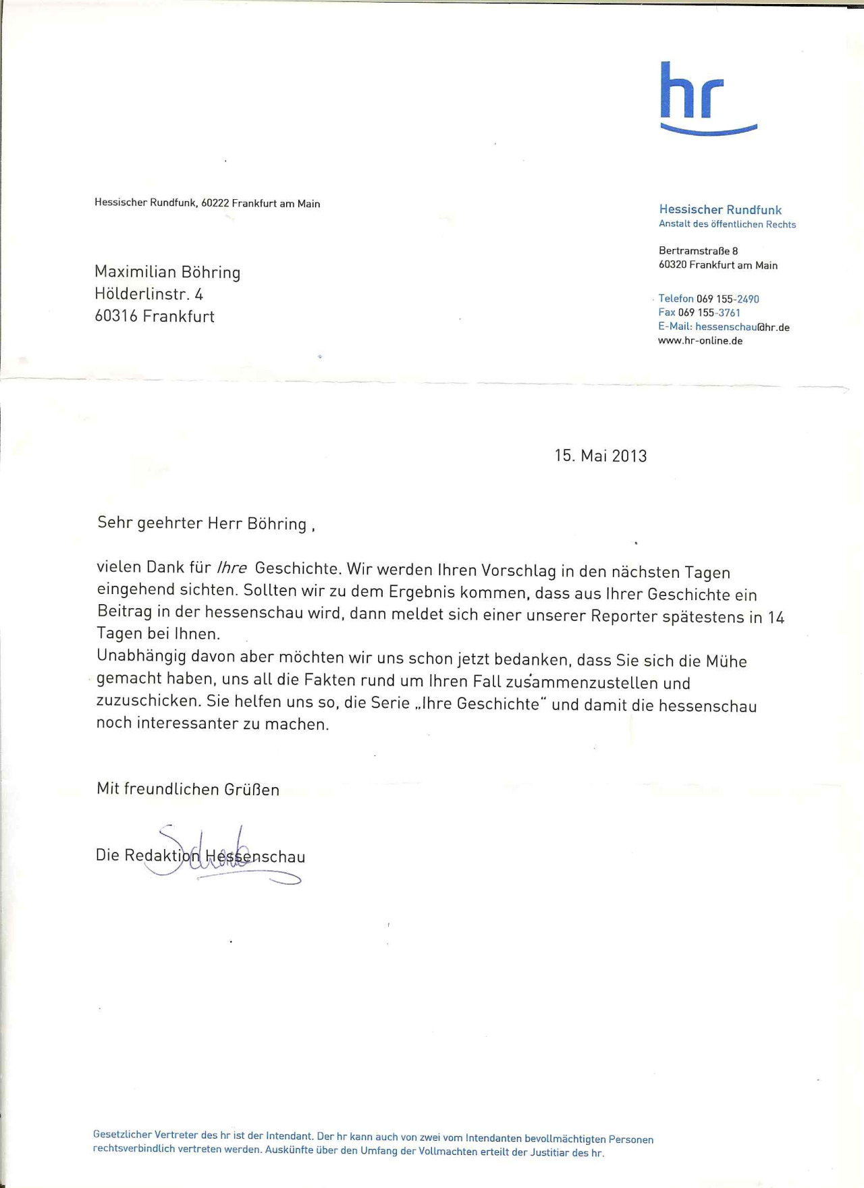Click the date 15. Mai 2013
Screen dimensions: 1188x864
point(600,456)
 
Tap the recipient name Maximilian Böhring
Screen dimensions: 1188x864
point(167,272)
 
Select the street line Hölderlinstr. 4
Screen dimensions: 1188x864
point(148,294)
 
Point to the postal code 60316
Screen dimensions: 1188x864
point(116,317)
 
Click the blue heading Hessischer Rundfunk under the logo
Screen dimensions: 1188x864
point(720,210)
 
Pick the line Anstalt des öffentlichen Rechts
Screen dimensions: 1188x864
point(727,225)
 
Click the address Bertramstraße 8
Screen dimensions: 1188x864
point(698,251)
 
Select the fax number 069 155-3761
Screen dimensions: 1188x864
point(709,313)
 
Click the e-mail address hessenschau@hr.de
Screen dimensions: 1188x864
point(742,327)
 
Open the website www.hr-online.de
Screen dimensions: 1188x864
point(700,341)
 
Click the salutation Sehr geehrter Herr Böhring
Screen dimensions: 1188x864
point(202,524)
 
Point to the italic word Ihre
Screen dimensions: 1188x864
point(232,568)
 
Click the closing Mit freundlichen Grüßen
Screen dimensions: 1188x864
point(188,789)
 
